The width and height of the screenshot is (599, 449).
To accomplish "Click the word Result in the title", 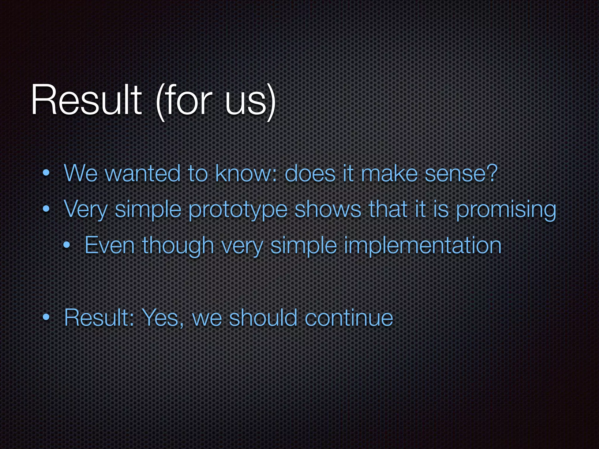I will (86, 100).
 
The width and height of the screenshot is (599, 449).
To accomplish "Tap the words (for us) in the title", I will (216, 101).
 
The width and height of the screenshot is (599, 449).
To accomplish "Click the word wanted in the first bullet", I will (142, 174).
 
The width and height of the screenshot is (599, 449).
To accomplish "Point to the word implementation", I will (423, 246).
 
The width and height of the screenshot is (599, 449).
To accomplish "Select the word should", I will (263, 317).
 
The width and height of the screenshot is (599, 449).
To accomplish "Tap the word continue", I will (349, 318).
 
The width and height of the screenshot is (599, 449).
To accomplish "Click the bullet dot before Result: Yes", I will (46, 318).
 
